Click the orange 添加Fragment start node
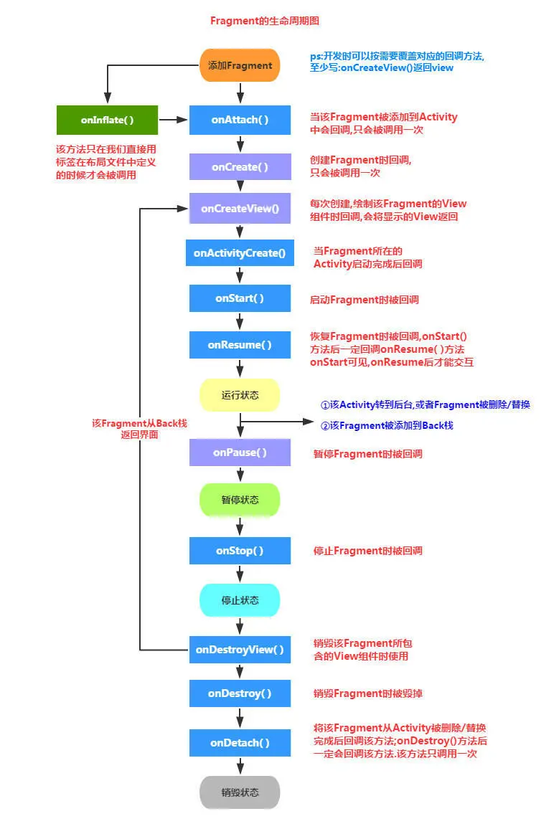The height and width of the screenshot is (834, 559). pyautogui.click(x=240, y=65)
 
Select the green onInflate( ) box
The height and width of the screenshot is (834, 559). pyautogui.click(x=107, y=120)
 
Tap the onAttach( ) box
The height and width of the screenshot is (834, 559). pyautogui.click(x=240, y=120)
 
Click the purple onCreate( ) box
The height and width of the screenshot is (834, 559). pyautogui.click(x=240, y=166)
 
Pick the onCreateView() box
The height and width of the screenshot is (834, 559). pyautogui.click(x=240, y=209)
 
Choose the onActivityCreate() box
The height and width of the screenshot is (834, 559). pyautogui.click(x=240, y=252)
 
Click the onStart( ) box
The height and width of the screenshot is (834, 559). pyautogui.click(x=240, y=298)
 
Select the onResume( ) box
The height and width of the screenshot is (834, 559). pyautogui.click(x=240, y=345)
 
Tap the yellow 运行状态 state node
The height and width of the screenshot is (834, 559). pyautogui.click(x=240, y=395)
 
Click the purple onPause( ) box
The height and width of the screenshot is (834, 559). pyautogui.click(x=240, y=452)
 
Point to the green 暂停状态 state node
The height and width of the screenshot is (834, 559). pyautogui.click(x=240, y=500)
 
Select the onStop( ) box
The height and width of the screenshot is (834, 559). pyautogui.click(x=240, y=551)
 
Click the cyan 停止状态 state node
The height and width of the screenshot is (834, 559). pyautogui.click(x=240, y=600)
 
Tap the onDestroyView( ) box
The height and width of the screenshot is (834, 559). pyautogui.click(x=240, y=650)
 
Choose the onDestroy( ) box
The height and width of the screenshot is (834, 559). pyautogui.click(x=240, y=693)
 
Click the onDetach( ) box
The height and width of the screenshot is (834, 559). pyautogui.click(x=240, y=743)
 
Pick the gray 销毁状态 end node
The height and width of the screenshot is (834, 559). pyautogui.click(x=240, y=792)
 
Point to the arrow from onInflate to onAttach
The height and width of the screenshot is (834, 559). pyautogui.click(x=173, y=120)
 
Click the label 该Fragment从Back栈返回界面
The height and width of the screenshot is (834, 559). pyautogui.click(x=139, y=429)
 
